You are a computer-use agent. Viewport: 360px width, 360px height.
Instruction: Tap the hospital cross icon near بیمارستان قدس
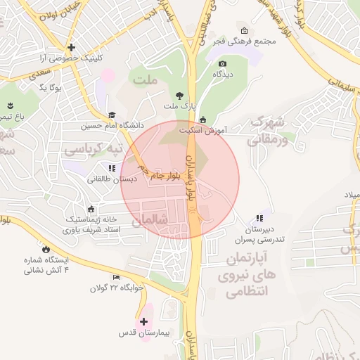pos(143,321)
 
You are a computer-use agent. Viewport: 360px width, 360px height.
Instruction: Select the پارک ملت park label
pos(178,106)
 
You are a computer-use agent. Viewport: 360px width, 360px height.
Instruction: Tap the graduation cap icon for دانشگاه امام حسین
pos(112,115)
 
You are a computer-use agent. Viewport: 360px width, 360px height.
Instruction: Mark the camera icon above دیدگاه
pos(222,64)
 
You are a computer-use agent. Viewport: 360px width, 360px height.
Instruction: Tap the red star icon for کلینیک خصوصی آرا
pos(71,46)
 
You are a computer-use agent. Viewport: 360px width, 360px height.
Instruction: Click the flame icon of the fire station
pos(46,249)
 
